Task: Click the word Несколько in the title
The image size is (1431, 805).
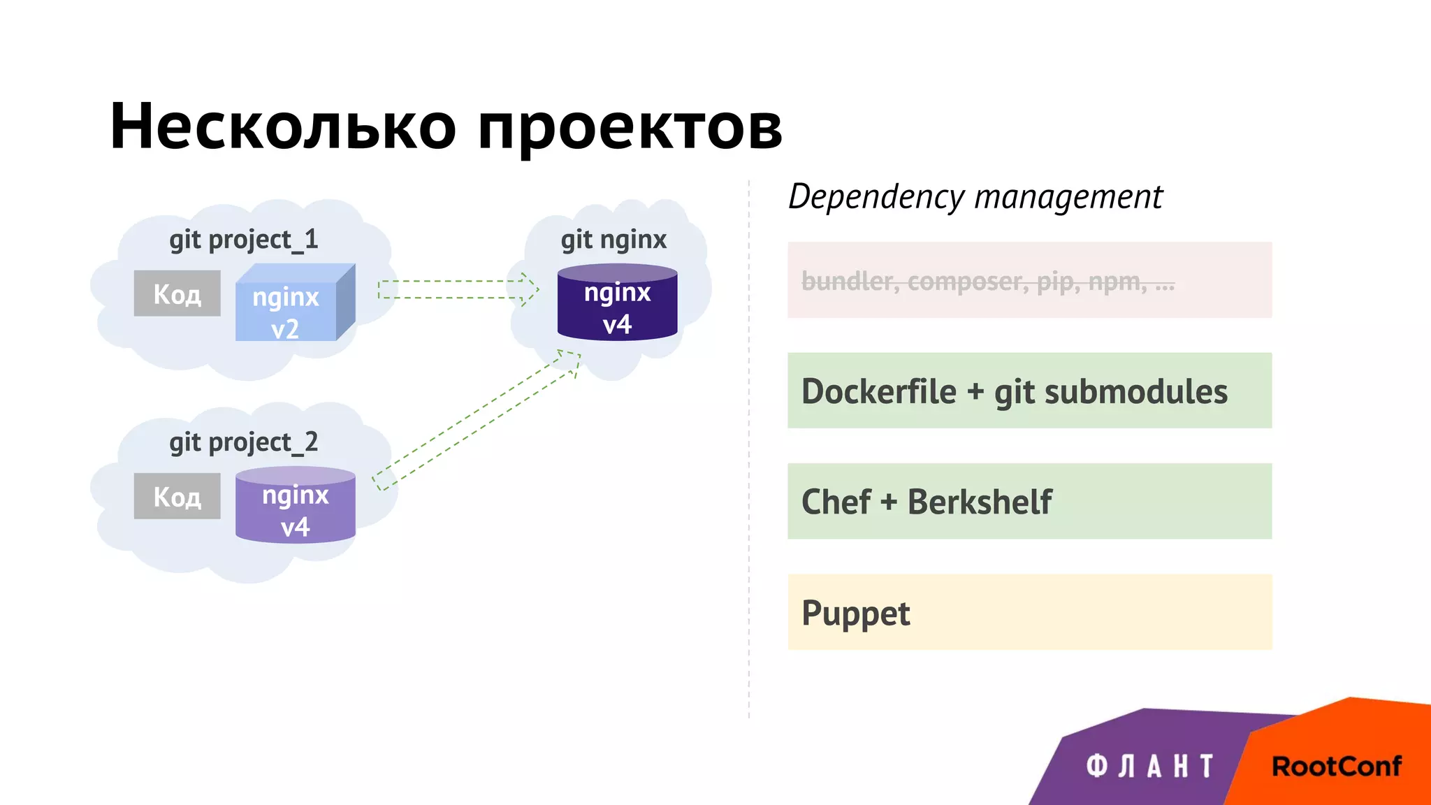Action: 283,126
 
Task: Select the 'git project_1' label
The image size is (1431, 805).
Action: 243,240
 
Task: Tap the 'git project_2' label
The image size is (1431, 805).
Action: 243,442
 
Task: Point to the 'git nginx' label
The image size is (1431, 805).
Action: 613,240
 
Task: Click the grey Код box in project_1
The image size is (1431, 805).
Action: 177,293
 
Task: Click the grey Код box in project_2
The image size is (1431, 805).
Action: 177,496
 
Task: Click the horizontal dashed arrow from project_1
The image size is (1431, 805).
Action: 458,289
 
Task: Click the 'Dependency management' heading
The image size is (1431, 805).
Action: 975,196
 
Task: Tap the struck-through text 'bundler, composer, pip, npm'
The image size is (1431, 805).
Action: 987,281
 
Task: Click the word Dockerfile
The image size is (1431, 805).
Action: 878,391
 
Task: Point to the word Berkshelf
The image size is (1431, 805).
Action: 979,502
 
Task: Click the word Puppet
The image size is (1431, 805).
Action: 855,614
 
